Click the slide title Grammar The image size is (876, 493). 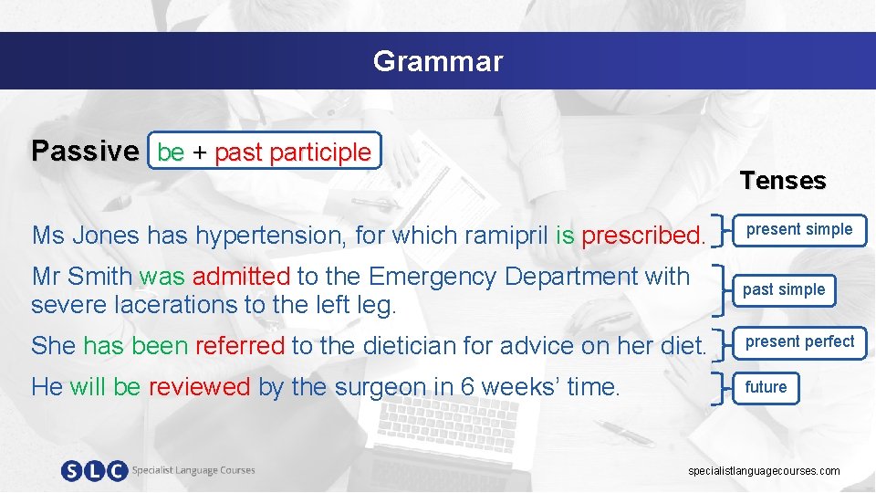coord(437,61)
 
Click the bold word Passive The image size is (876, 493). coord(84,152)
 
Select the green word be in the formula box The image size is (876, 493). coord(171,152)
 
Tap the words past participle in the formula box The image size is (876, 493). coord(293,152)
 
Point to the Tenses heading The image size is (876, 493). coord(782,181)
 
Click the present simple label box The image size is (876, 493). coord(798,230)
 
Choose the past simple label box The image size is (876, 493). coord(783,290)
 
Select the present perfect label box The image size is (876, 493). coord(799,342)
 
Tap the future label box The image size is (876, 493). coord(766,387)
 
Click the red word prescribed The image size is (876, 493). coord(643,236)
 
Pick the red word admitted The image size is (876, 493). coord(241,276)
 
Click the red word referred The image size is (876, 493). coord(240,346)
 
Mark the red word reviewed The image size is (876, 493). coord(199,387)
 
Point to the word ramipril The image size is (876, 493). coord(506,236)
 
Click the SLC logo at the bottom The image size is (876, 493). coord(94,471)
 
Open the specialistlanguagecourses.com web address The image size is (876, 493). coord(764,471)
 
